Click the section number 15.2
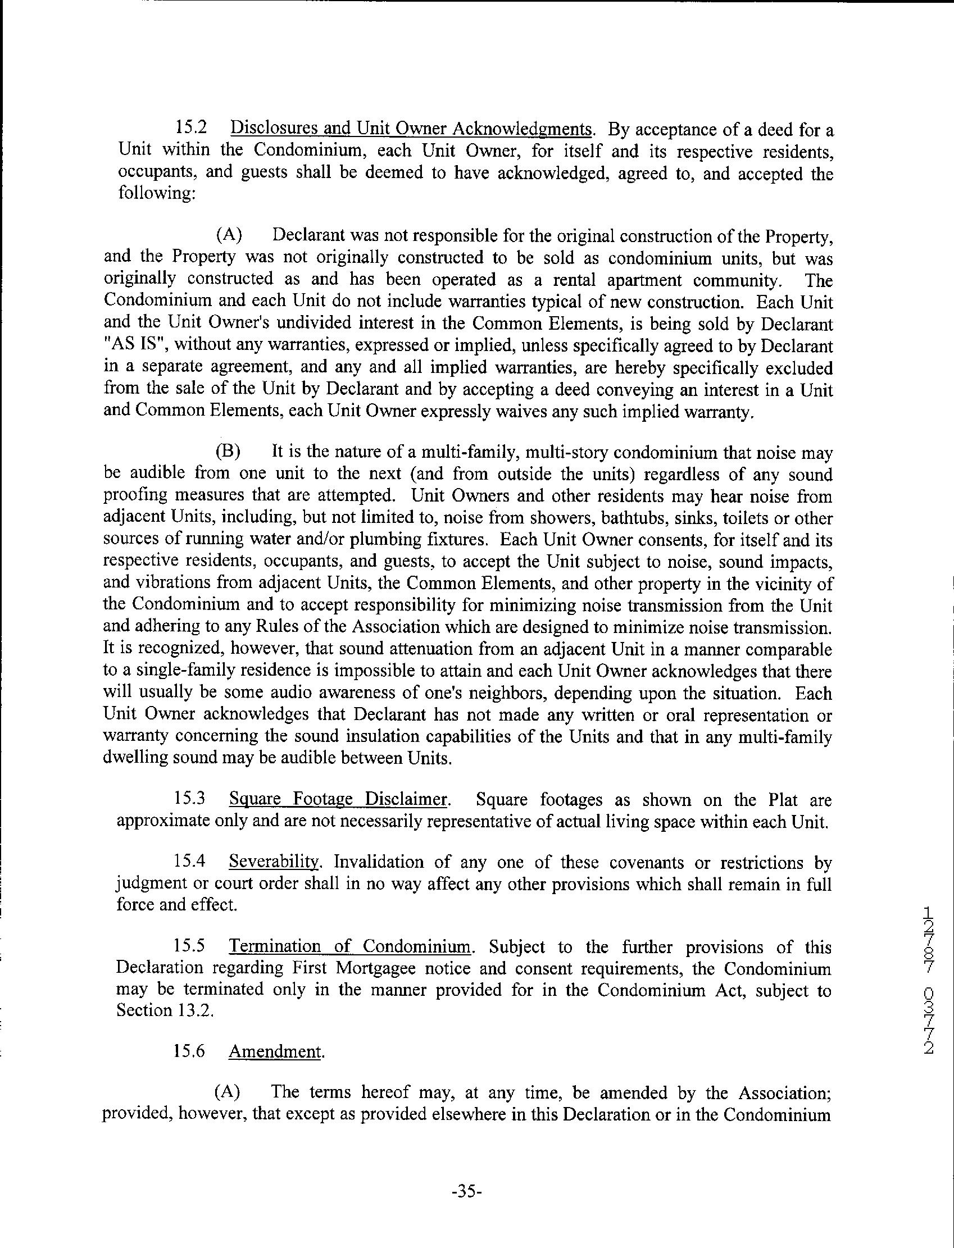190,129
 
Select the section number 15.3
189,800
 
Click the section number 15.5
189,946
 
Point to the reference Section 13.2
165,1011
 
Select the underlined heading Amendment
276,1051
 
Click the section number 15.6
189,1051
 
